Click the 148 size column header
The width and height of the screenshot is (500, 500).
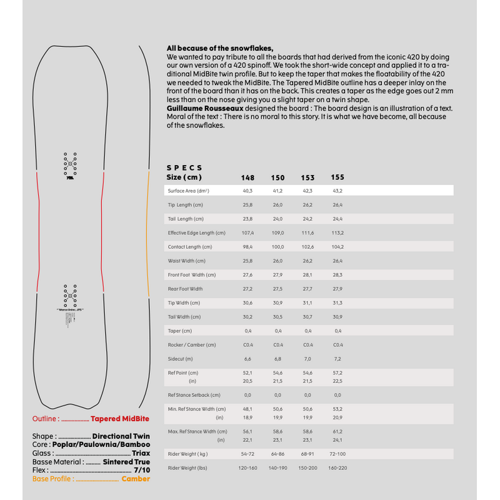point(247,177)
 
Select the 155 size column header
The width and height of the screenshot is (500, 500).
point(337,177)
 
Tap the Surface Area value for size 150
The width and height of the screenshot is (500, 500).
point(277,191)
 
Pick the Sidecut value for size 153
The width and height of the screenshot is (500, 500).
point(307,359)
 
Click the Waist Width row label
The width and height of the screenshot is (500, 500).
point(187,261)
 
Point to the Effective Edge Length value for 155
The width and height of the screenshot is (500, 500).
point(337,232)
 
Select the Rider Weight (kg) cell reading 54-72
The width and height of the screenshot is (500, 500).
point(247,454)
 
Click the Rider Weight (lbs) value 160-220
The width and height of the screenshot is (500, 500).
point(337,467)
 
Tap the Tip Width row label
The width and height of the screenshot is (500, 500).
point(184,302)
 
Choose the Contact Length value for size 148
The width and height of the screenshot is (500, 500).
point(247,247)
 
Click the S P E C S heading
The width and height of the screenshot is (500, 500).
point(184,168)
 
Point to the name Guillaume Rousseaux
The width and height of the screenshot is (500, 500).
point(196,108)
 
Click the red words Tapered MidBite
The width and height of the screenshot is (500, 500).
point(120,419)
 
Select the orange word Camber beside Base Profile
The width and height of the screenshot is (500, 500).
point(136,479)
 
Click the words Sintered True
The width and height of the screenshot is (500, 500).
point(126,462)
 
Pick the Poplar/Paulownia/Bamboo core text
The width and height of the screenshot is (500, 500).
point(101,444)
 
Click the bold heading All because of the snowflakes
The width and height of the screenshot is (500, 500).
point(221,48)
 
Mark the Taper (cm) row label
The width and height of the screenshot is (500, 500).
point(180,331)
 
